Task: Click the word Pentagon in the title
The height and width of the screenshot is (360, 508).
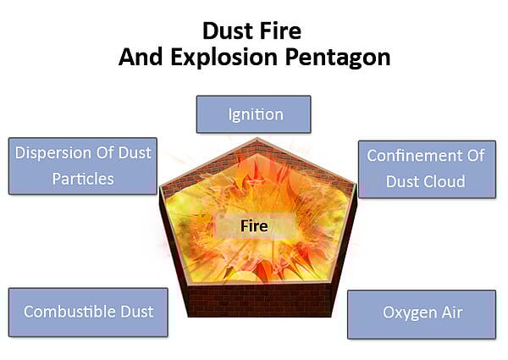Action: (x=338, y=58)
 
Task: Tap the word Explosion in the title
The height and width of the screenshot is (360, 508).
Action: (x=224, y=57)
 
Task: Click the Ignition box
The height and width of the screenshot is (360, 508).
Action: (x=254, y=114)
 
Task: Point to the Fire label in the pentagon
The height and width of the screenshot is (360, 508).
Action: (x=254, y=225)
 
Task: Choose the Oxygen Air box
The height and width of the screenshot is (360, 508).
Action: (x=422, y=314)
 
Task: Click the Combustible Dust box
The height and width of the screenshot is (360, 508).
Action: (x=88, y=312)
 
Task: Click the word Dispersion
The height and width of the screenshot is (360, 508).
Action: (x=53, y=153)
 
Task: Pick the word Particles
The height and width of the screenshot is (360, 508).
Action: (x=83, y=179)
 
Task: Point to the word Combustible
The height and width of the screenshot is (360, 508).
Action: (x=69, y=312)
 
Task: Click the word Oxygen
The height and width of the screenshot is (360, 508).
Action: (x=405, y=313)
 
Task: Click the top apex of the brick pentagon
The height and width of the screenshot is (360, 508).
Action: (x=257, y=138)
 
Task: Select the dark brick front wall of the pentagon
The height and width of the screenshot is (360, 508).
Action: (x=259, y=300)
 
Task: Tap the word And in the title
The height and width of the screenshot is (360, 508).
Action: (x=141, y=57)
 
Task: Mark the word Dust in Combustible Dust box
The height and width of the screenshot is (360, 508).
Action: (x=136, y=312)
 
